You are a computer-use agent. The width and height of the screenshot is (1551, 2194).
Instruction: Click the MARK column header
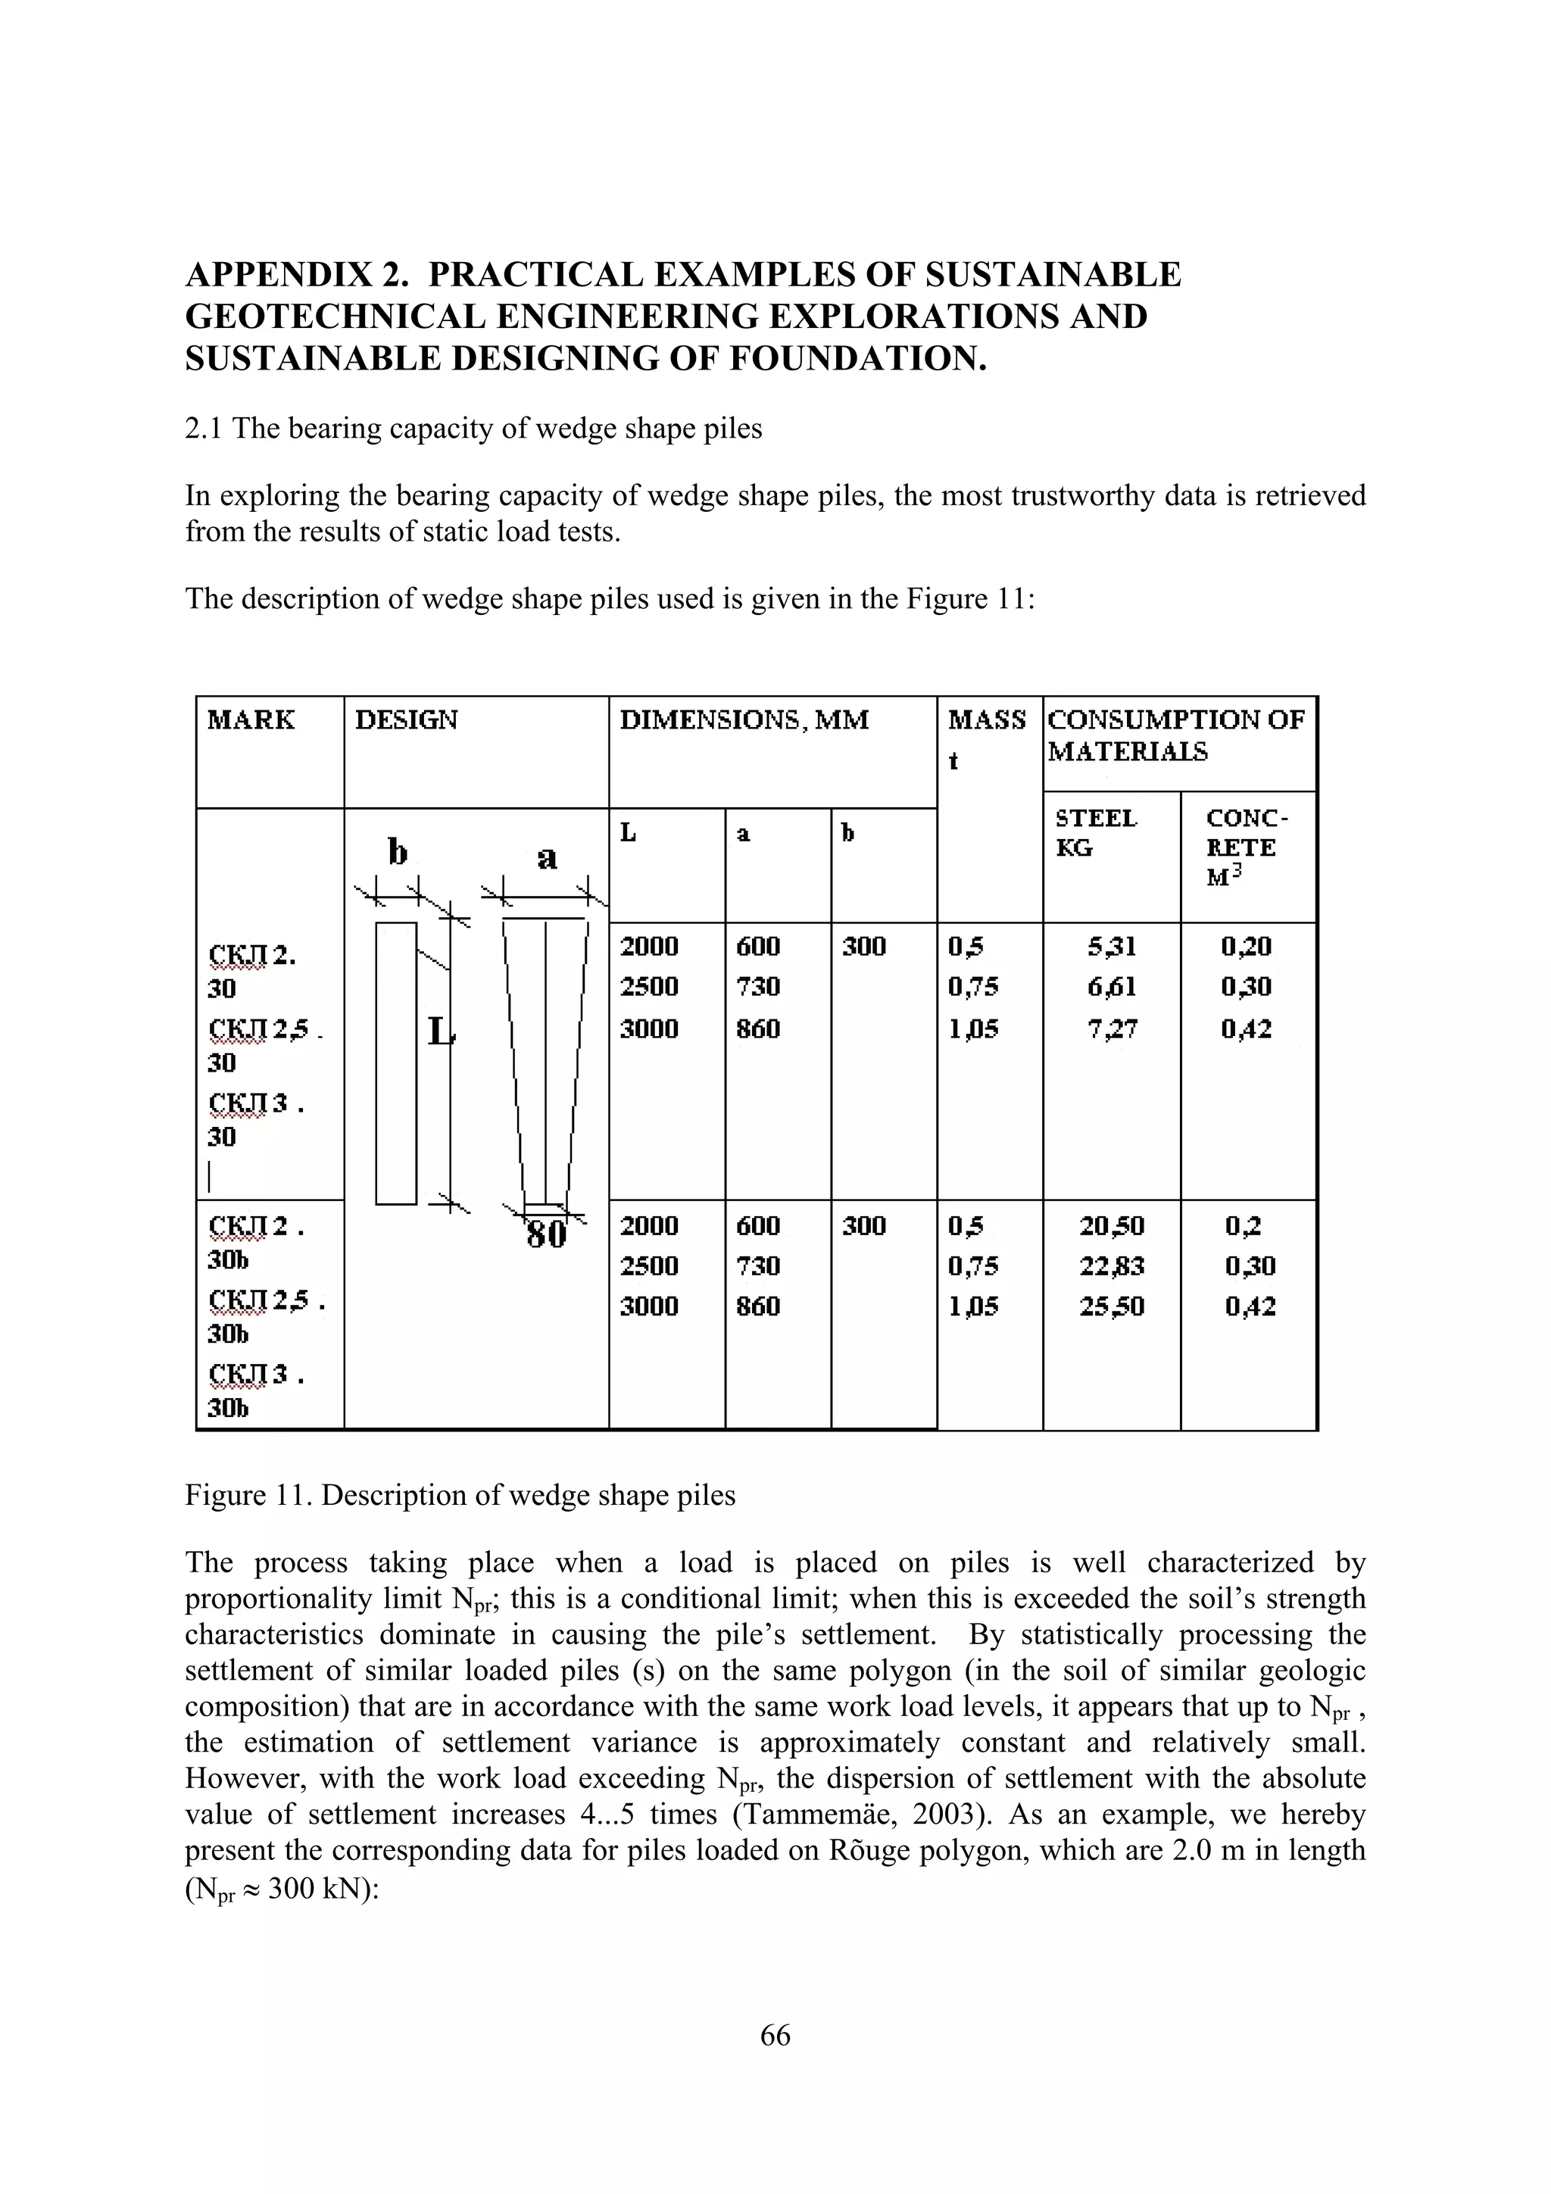click(x=251, y=719)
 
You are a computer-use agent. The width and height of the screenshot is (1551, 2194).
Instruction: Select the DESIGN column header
click(x=406, y=719)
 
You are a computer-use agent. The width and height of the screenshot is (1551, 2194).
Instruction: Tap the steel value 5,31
click(x=1112, y=946)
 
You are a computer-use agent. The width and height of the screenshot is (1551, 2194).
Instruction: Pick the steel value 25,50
click(x=1112, y=1306)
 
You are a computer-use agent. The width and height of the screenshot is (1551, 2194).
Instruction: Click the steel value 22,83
click(x=1112, y=1266)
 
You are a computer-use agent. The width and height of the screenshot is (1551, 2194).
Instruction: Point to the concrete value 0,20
click(x=1246, y=946)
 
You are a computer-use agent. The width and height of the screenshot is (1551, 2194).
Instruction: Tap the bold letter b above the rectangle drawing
click(x=397, y=850)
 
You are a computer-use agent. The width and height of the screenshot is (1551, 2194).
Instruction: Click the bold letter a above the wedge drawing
click(x=547, y=857)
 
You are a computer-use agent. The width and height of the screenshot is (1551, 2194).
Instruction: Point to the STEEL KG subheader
click(x=1096, y=832)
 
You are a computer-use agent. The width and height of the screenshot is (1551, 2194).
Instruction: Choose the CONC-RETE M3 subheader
click(x=1246, y=847)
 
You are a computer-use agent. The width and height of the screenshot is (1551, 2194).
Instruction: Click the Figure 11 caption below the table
click(x=460, y=1494)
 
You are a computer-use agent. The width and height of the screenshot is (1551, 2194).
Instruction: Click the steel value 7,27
click(x=1112, y=1029)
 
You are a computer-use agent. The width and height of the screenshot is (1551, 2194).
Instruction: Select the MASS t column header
click(x=986, y=736)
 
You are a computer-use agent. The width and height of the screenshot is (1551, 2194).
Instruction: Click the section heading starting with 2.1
click(x=473, y=428)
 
